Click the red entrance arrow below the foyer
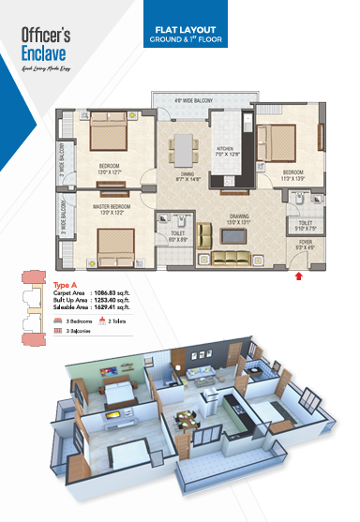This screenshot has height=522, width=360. tap(299, 276)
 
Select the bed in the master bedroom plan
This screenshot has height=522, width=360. tap(112, 246)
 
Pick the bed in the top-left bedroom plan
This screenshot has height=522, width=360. tap(111, 139)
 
